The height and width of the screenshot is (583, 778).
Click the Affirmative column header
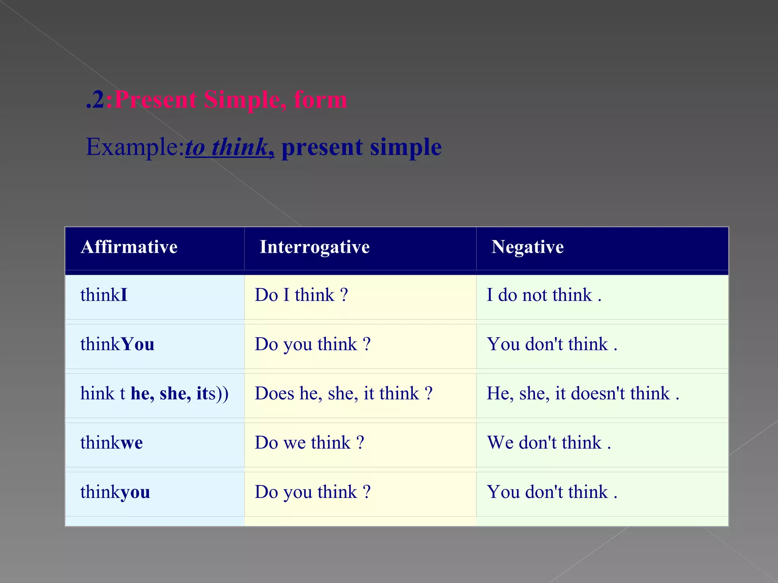pos(129,247)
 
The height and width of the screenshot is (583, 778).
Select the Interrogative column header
pos(315,247)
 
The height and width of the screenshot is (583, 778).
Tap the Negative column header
pos(527,247)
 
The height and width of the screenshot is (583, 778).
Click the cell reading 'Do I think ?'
pos(301,295)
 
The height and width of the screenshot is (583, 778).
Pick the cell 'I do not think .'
pos(544,295)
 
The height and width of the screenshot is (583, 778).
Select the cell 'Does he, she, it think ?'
pos(343,394)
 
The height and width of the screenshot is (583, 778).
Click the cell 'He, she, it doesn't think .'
pos(583,394)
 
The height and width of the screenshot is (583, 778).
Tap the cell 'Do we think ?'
pos(309,443)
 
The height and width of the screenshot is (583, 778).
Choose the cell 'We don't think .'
pos(549,443)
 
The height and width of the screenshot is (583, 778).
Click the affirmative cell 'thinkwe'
pos(112,443)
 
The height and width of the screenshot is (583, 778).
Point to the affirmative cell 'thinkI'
pos(104,295)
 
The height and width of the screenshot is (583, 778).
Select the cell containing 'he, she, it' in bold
pos(154,394)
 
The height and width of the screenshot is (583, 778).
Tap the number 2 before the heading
pos(98,100)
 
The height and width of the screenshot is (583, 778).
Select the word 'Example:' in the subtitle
pos(135,147)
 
